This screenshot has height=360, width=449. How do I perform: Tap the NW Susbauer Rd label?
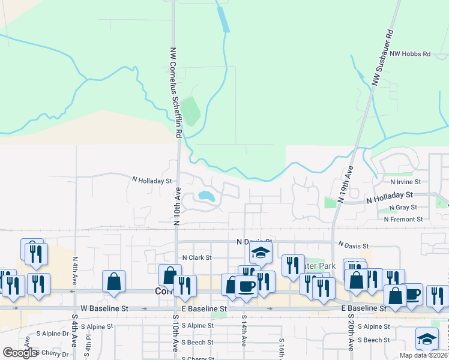(x=382, y=58)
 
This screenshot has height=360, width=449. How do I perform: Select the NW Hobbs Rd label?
(x=411, y=54)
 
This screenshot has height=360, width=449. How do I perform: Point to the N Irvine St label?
(x=405, y=181)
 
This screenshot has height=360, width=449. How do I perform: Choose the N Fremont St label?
(x=408, y=220)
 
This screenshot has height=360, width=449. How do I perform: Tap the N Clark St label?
(x=197, y=257)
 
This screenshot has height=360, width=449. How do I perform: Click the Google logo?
(x=20, y=353)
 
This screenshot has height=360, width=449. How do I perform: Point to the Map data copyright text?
(x=423, y=355)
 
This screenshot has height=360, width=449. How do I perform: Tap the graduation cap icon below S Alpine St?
(x=427, y=339)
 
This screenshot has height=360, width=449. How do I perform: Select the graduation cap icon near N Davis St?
(x=261, y=253)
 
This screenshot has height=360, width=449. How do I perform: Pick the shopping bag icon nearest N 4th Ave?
(x=113, y=281)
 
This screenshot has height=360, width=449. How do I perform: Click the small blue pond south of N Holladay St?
(x=206, y=196)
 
